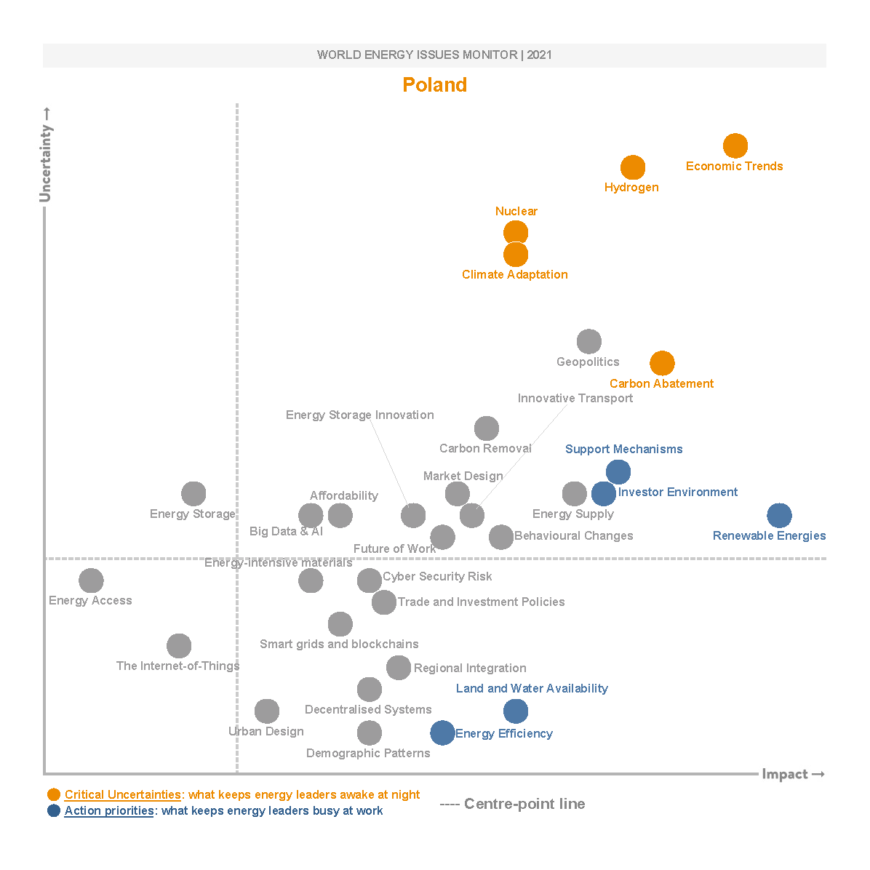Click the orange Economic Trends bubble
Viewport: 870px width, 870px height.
tap(735, 145)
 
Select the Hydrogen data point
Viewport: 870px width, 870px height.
tap(633, 167)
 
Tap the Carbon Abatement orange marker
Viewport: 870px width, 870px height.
tap(662, 362)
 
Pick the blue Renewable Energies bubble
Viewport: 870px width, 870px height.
tap(779, 516)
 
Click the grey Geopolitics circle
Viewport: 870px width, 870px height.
tap(589, 341)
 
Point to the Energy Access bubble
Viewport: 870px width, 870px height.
tap(91, 580)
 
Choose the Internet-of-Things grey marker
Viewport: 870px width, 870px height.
tap(179, 646)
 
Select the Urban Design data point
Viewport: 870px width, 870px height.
tap(267, 711)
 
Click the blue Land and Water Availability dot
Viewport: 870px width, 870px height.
tap(516, 711)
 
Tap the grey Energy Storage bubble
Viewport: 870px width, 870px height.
tap(193, 494)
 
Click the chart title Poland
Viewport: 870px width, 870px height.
tap(434, 85)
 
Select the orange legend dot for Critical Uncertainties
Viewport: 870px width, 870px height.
tap(54, 794)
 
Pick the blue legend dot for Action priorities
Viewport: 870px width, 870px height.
tap(54, 810)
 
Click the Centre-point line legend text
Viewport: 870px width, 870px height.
tap(524, 804)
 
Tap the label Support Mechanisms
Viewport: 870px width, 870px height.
tap(623, 449)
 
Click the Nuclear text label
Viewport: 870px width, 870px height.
tap(516, 211)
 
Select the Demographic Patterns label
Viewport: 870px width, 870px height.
tap(368, 753)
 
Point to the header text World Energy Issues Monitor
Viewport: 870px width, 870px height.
tap(434, 55)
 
